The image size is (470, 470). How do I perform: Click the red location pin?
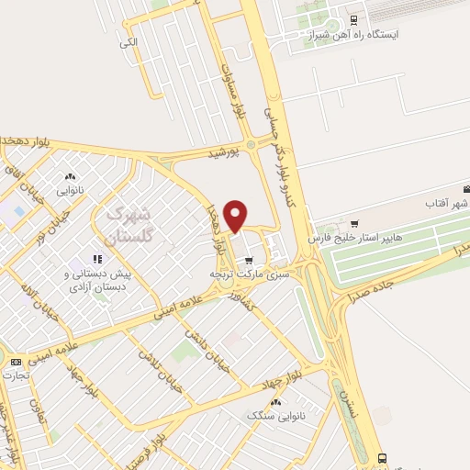pyautogui.click(x=236, y=215)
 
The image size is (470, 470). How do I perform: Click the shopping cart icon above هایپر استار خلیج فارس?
pyautogui.click(x=354, y=223)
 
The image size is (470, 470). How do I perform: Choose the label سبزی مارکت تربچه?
pyautogui.click(x=249, y=274)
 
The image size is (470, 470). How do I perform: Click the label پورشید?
pyautogui.click(x=223, y=154)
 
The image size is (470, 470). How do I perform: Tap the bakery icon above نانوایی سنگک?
pyautogui.click(x=275, y=403)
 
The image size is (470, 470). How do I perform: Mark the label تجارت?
pyautogui.click(x=14, y=375)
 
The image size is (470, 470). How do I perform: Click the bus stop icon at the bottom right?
pyautogui.click(x=383, y=458)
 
